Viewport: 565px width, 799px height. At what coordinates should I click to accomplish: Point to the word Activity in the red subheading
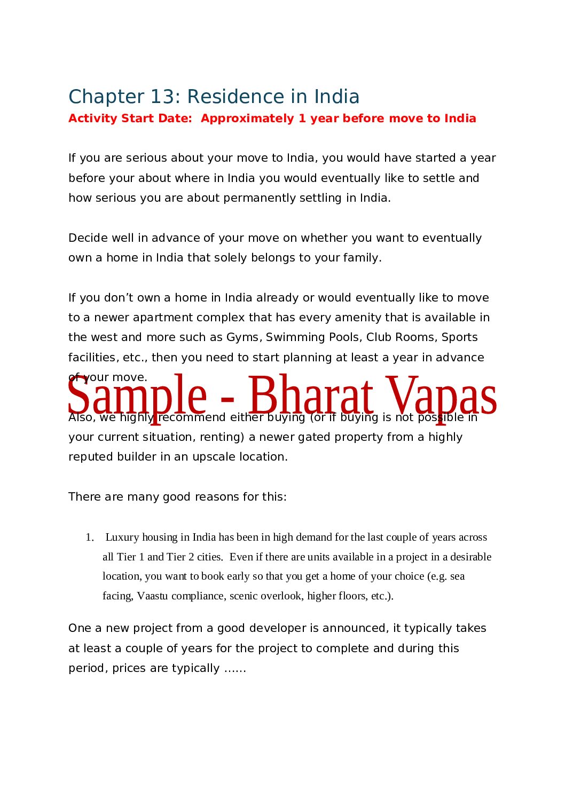pyautogui.click(x=92, y=118)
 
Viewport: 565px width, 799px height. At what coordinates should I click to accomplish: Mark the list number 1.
pyautogui.click(x=89, y=537)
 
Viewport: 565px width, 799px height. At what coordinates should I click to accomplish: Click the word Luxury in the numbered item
pyautogui.click(x=122, y=537)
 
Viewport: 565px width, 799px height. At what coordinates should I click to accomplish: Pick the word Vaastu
pyautogui.click(x=152, y=596)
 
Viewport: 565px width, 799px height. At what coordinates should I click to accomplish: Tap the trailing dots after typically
pyautogui.click(x=235, y=669)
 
